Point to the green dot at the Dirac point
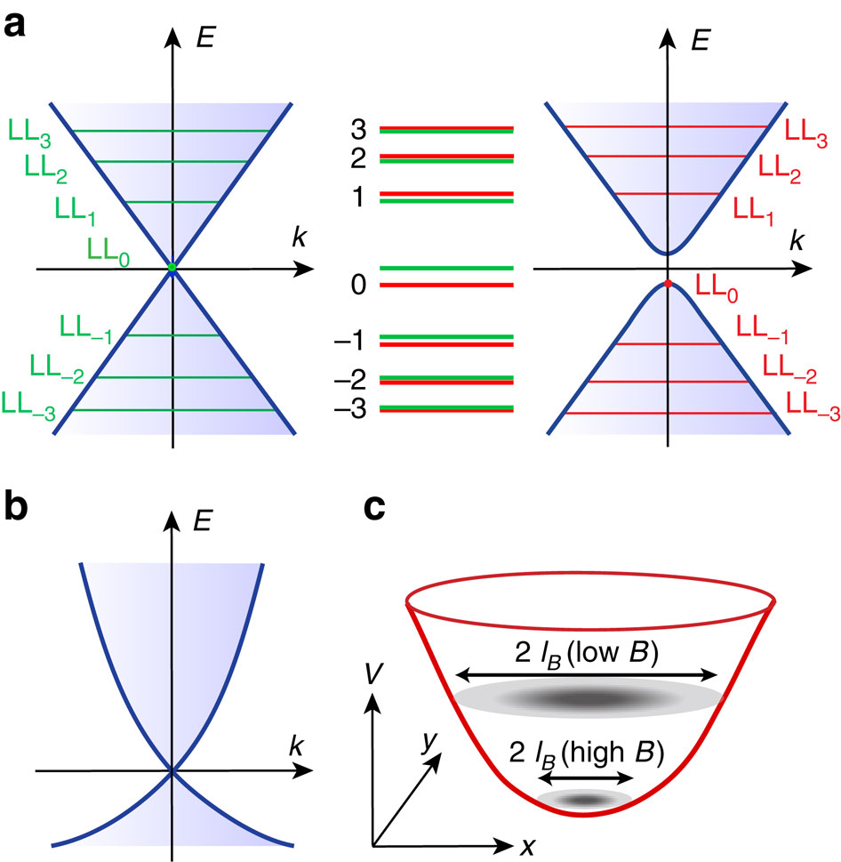click(x=172, y=267)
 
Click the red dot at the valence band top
click(x=668, y=284)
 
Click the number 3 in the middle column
click(x=359, y=130)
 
